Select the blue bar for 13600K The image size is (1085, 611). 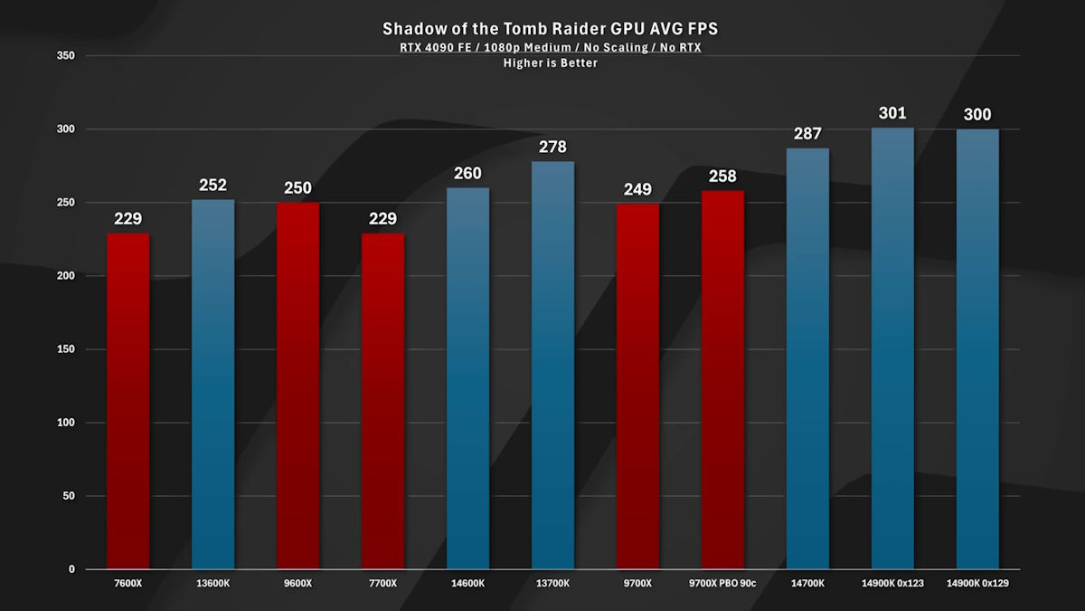213,385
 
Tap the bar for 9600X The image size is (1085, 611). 297,386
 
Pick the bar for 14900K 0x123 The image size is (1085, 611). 892,348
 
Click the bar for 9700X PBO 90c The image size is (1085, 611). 722,380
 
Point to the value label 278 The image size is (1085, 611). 552,146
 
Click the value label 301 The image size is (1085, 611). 892,113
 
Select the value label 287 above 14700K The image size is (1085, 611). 807,134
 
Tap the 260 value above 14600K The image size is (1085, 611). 467,173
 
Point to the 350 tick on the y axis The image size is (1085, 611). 65,56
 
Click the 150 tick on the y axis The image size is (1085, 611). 65,349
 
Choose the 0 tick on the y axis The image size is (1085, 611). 71,569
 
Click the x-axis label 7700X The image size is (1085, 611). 382,584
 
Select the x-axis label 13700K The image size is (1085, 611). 552,584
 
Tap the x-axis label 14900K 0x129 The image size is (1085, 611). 977,584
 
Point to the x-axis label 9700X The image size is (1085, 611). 637,584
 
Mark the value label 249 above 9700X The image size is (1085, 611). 637,189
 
